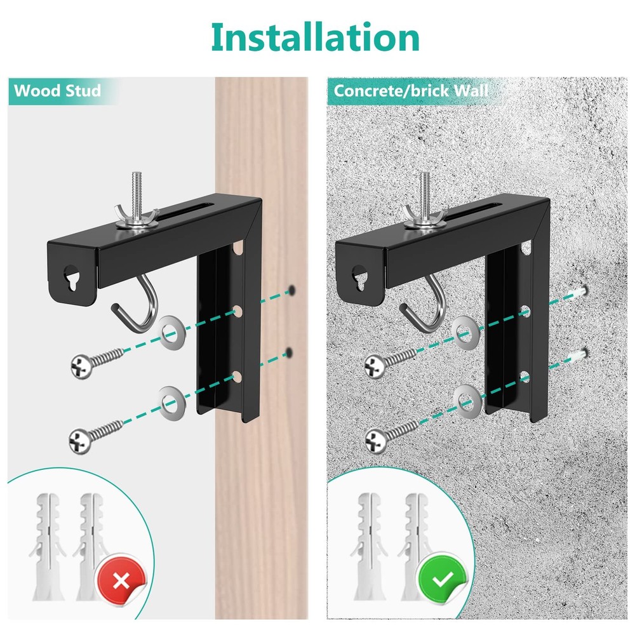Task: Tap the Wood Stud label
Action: click(57, 90)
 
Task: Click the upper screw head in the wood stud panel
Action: click(81, 364)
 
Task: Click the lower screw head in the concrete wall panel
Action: click(375, 438)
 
